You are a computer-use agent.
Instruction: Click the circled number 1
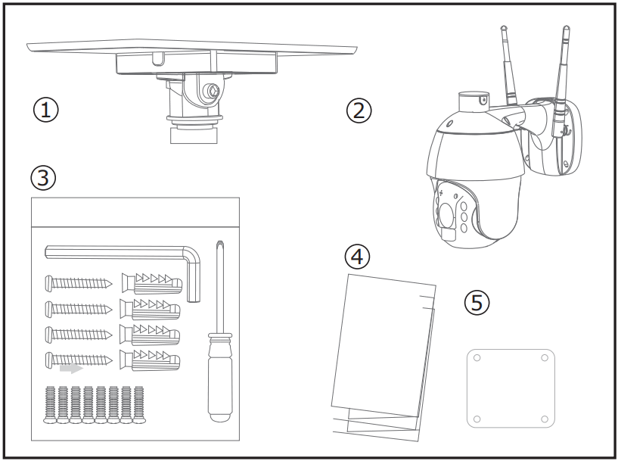pos(46,110)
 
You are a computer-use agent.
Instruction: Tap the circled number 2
pos(360,110)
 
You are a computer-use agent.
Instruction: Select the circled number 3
pos(43,178)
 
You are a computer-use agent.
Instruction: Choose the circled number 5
pos(477,302)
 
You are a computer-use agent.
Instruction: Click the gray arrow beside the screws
pos(71,369)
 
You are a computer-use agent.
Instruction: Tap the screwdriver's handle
pos(219,378)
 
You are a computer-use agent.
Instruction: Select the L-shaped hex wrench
pos(121,252)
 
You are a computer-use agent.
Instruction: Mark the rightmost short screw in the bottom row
pos(138,405)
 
